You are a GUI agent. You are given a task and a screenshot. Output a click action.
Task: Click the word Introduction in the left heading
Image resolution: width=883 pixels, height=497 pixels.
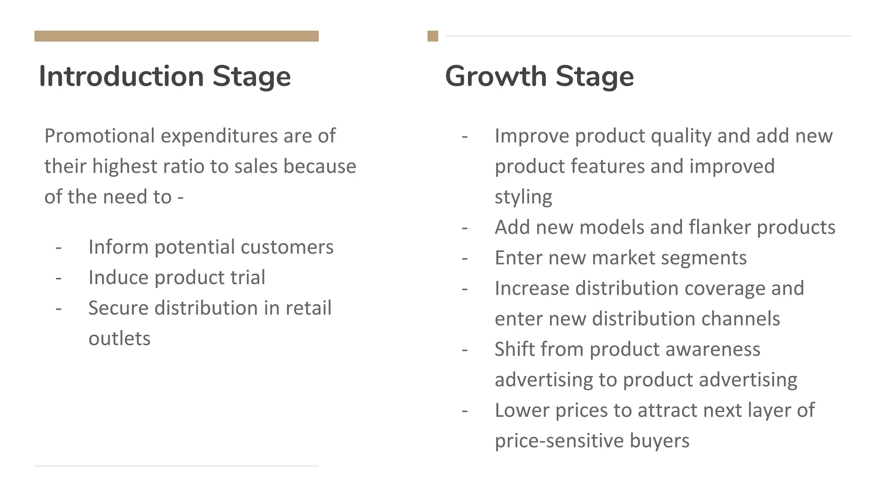coord(121,76)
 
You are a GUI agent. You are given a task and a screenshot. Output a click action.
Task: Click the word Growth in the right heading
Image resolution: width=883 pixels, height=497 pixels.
coord(495,76)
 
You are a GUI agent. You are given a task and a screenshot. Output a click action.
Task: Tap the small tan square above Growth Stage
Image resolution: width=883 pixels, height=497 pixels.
coord(432,36)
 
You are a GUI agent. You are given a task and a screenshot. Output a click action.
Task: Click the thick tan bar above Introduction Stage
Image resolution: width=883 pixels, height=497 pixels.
coord(176,36)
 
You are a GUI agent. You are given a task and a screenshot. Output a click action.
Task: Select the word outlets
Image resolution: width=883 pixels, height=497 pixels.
coord(119,339)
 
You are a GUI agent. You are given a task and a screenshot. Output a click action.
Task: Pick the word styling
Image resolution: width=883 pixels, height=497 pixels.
coord(523,198)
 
